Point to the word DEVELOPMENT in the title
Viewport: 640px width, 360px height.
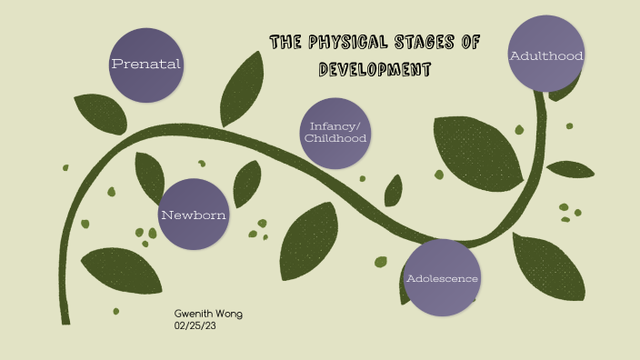click(375, 70)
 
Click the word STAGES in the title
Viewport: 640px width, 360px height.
click(427, 42)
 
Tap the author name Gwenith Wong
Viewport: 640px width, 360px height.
click(208, 314)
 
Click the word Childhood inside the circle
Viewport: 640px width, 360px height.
click(337, 139)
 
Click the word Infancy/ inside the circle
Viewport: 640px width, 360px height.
click(337, 125)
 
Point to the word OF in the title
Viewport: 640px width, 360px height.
click(470, 42)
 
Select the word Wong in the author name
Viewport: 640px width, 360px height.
click(228, 314)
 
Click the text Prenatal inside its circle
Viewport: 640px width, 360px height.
click(145, 65)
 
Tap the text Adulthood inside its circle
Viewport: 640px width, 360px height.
click(545, 56)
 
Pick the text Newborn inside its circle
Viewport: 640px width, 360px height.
click(194, 215)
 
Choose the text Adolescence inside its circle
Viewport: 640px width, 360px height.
click(442, 278)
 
